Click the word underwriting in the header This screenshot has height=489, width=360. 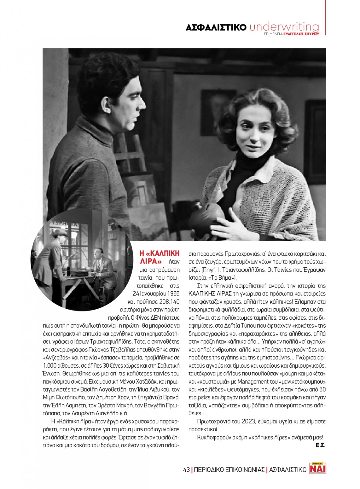284,27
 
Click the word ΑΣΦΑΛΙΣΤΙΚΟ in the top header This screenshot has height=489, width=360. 216,28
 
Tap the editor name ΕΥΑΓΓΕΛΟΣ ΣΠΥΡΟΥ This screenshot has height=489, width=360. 301,34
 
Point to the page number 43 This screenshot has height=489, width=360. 186,470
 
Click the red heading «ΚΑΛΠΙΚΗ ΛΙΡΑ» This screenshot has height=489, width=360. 159,257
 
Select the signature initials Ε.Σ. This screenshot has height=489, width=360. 320,445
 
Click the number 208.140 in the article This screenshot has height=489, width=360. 169,302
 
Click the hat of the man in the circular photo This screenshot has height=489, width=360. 60,233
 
